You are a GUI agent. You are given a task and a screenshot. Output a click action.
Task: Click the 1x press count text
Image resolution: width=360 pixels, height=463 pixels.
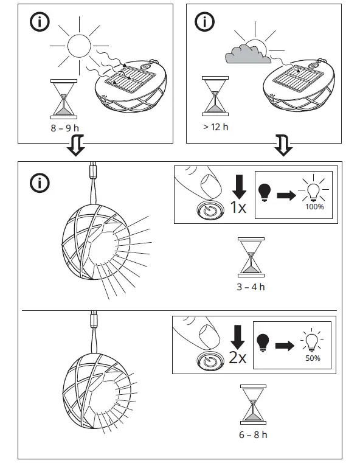pyautogui.click(x=239, y=209)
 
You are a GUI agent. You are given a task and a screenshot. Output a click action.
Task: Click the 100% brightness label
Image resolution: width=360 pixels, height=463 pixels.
pyautogui.click(x=314, y=207)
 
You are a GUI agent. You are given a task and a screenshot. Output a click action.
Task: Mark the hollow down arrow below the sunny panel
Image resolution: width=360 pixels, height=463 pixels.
pyautogui.click(x=75, y=147)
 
